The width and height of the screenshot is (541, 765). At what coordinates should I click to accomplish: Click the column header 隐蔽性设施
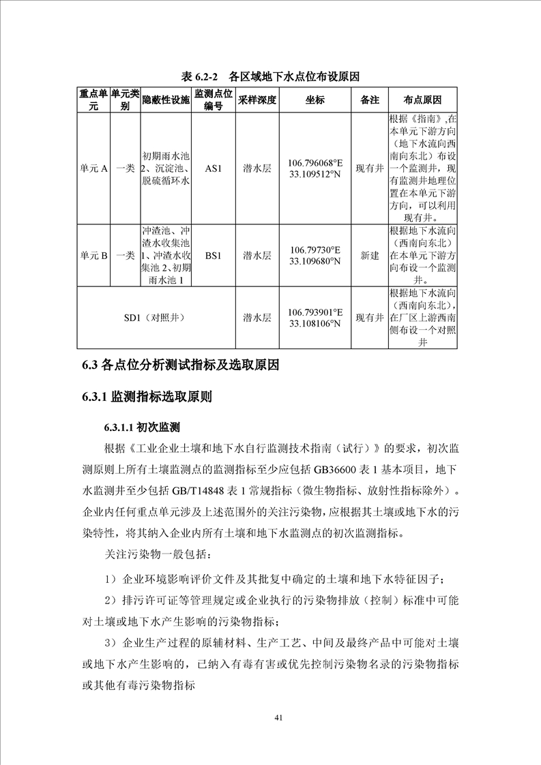pyautogui.click(x=165, y=100)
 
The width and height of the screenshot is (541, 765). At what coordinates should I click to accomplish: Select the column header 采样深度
pyautogui.click(x=257, y=100)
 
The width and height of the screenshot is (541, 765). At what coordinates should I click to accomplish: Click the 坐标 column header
pyautogui.click(x=315, y=100)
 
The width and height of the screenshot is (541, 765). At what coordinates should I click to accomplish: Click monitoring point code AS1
pyautogui.click(x=214, y=168)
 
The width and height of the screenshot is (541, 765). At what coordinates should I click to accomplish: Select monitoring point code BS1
pyautogui.click(x=214, y=256)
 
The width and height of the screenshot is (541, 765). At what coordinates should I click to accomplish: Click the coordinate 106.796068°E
pyautogui.click(x=315, y=163)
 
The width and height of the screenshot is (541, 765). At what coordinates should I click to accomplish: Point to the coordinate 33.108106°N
pyautogui.click(x=315, y=324)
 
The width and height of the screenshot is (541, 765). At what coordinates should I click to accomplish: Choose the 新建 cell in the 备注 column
pyautogui.click(x=369, y=256)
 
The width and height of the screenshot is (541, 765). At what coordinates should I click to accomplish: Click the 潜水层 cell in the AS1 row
pyautogui.click(x=257, y=168)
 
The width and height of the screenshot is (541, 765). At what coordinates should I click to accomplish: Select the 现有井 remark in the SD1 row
pyautogui.click(x=369, y=318)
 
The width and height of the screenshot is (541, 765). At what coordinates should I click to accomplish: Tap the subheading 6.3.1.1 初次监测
pyautogui.click(x=142, y=427)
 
